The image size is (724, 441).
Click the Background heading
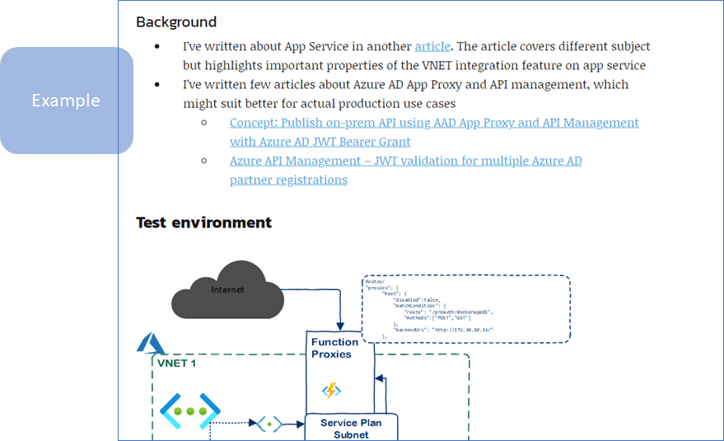click(x=176, y=22)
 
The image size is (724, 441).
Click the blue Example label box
click(x=66, y=101)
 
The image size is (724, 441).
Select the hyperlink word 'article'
click(x=432, y=46)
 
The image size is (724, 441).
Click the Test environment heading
click(x=203, y=223)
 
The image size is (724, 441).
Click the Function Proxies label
click(x=334, y=348)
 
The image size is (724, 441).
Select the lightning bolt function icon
click(x=332, y=390)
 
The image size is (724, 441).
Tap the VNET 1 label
click(x=175, y=363)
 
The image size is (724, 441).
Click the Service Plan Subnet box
click(x=351, y=429)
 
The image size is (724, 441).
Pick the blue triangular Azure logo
click(x=151, y=342)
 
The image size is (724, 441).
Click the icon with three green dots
click(x=189, y=411)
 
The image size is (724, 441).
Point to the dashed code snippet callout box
click(x=465, y=308)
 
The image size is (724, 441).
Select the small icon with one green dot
click(x=269, y=425)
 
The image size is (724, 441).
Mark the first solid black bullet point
click(x=157, y=47)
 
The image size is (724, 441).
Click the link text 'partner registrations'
click(x=288, y=180)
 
